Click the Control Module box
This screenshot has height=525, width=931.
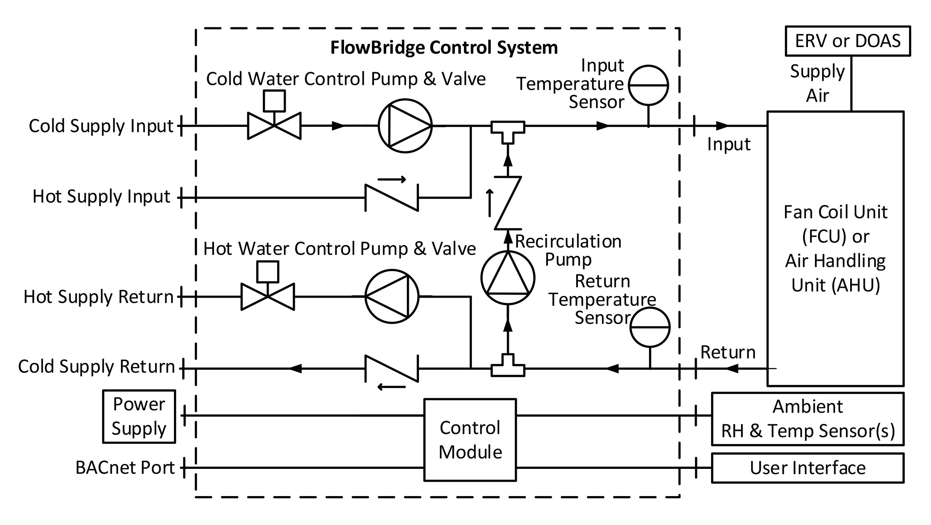click(470, 440)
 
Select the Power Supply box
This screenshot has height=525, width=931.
click(139, 416)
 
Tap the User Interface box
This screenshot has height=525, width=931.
click(808, 468)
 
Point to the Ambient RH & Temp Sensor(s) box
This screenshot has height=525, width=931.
click(808, 419)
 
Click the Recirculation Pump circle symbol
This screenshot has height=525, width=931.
click(508, 278)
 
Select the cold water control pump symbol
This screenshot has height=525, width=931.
click(405, 126)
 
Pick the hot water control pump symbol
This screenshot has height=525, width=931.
click(392, 296)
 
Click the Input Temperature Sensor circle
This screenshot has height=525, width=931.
click(648, 85)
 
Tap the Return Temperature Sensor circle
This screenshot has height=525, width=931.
click(650, 327)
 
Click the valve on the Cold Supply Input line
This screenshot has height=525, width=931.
click(274, 125)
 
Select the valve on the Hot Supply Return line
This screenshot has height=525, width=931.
click(268, 296)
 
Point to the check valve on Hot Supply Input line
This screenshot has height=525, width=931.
click(392, 198)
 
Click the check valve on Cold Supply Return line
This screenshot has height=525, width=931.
click(392, 368)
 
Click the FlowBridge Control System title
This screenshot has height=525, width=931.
click(444, 48)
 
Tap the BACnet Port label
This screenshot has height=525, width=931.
click(125, 467)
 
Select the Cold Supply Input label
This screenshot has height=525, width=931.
click(101, 126)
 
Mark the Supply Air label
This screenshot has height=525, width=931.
click(817, 83)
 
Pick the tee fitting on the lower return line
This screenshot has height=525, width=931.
click(508, 367)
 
